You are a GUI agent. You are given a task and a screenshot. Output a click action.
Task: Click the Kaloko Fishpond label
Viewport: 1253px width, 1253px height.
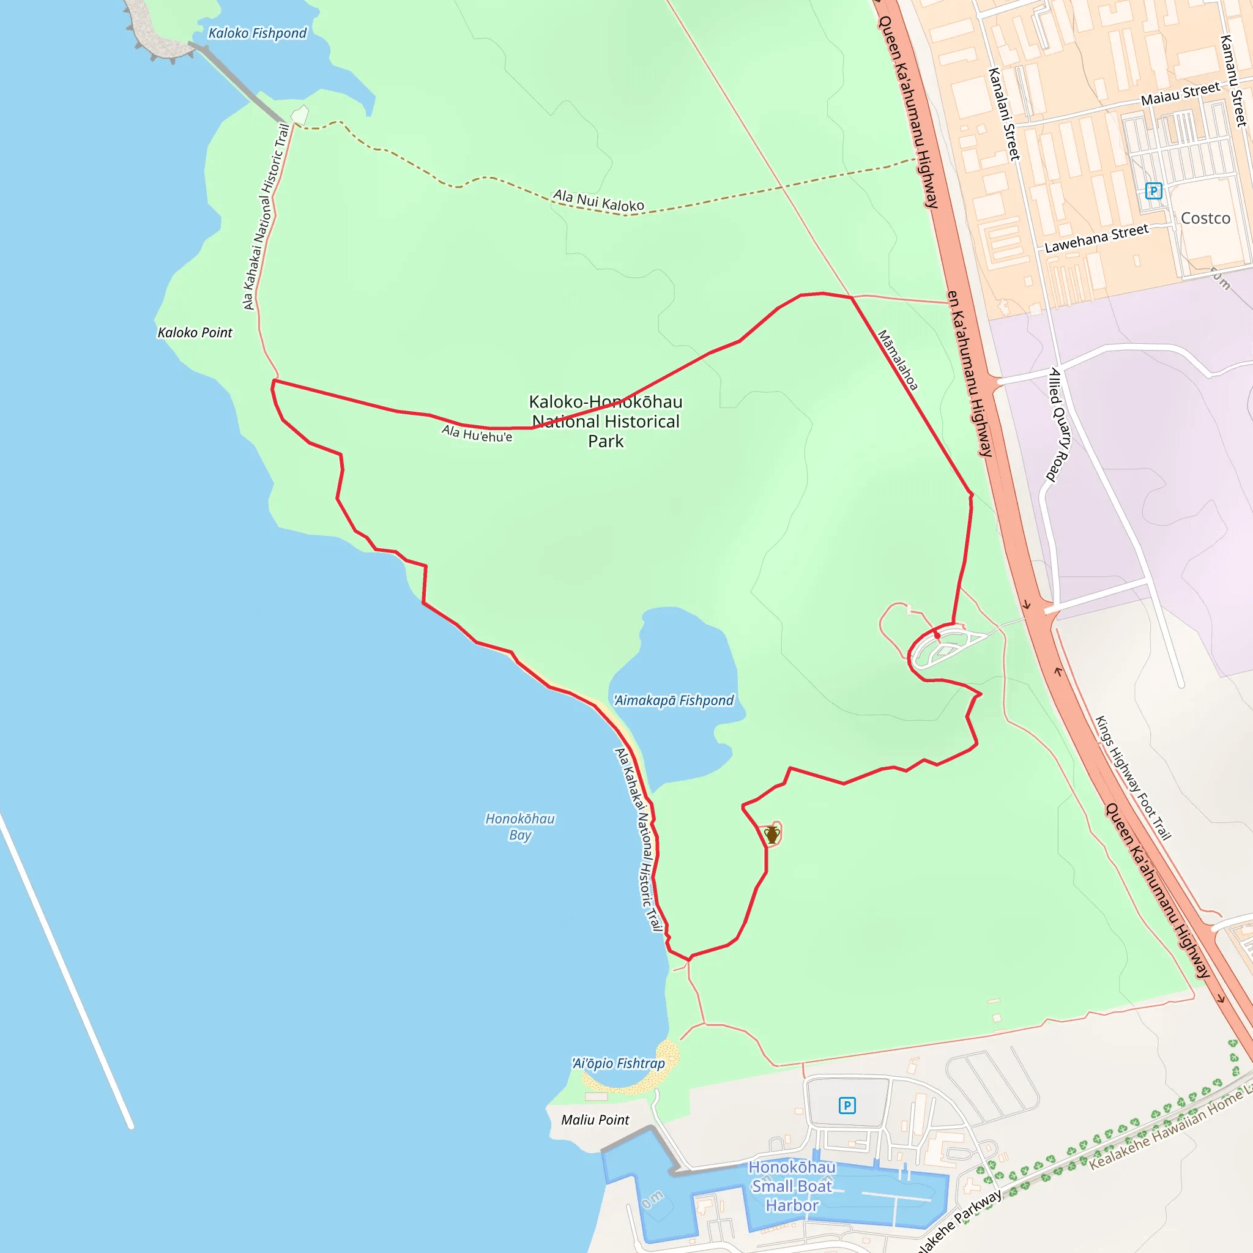[258, 33]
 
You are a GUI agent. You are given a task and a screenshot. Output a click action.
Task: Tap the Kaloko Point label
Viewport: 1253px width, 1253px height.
[195, 333]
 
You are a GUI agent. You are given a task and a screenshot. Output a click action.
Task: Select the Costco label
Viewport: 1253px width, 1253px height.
[1205, 218]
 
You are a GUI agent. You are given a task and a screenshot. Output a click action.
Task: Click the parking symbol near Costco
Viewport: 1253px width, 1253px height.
[1153, 191]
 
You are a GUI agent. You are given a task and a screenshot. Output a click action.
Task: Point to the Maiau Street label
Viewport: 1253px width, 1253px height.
[1180, 94]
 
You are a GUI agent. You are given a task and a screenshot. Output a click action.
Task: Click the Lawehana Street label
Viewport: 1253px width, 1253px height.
[1096, 239]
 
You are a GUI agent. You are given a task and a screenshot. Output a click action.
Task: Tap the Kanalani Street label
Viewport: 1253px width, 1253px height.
[1003, 114]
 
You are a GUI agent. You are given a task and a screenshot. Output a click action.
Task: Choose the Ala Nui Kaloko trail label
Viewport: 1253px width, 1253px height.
[598, 201]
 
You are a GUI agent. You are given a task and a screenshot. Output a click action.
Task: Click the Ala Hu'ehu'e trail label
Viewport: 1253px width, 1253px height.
[477, 433]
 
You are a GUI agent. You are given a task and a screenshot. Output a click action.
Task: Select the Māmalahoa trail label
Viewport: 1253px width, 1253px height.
[898, 360]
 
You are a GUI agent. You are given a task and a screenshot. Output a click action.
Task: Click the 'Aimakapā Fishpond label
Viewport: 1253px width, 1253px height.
[674, 701]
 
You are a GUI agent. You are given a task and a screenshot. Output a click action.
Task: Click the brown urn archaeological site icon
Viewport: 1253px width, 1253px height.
[772, 835]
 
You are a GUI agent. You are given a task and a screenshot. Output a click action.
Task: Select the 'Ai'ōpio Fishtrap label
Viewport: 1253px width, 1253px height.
[618, 1063]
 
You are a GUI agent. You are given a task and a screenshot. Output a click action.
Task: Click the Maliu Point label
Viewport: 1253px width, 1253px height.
[595, 1120]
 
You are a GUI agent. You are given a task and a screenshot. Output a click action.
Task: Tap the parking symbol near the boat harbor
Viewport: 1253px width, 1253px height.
[847, 1105]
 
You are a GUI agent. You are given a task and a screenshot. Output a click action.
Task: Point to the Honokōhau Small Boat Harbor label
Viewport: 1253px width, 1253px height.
[792, 1186]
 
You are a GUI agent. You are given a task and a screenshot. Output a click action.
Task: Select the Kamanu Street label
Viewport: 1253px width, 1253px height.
[1233, 81]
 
